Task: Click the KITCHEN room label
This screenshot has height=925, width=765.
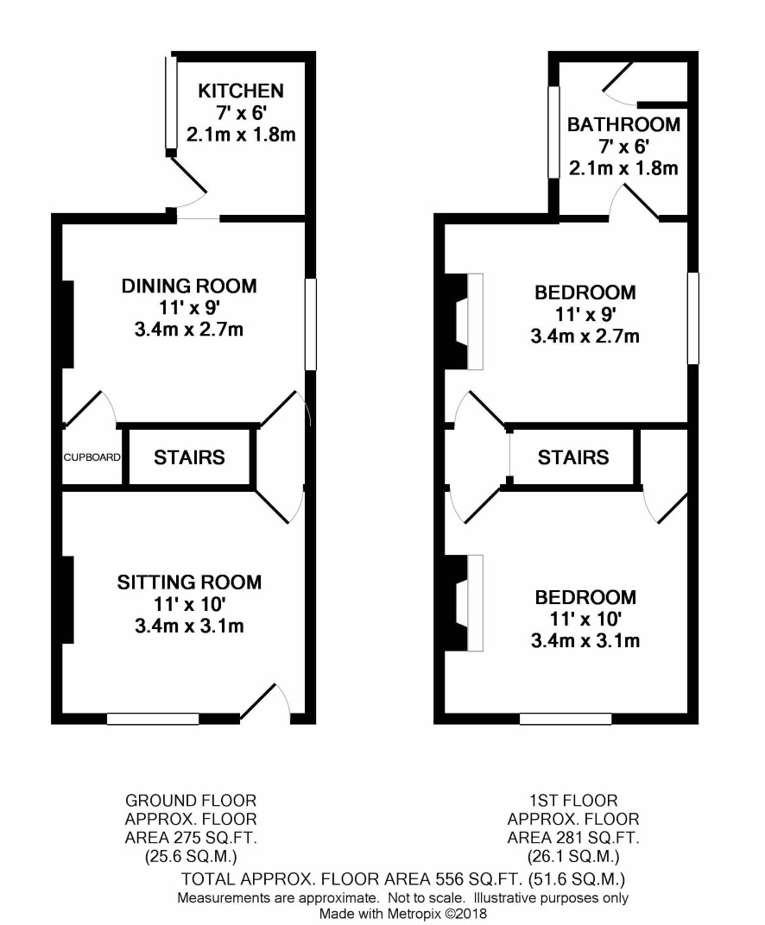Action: point(241,91)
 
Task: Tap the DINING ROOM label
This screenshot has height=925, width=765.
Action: point(189,286)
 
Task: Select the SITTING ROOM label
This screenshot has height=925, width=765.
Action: point(189,582)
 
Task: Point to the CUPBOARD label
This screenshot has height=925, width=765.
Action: point(92,457)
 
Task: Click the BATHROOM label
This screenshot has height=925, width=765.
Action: point(623,124)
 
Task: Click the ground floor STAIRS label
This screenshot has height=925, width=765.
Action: point(189,457)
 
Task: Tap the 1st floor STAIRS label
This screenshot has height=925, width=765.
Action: point(573,457)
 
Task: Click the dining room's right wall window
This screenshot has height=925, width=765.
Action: point(311,324)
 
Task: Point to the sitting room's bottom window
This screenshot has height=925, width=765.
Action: point(153,719)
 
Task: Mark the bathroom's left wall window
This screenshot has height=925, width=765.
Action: point(553,132)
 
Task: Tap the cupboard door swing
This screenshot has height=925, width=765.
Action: point(90,408)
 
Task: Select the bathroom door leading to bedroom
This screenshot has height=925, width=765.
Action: point(634,202)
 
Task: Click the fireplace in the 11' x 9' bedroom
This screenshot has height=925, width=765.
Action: point(464,322)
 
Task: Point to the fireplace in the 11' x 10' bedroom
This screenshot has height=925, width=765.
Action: point(464,603)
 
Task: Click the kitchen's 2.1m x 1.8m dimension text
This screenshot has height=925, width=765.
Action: point(241,135)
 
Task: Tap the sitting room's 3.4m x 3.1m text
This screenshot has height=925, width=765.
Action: point(189,626)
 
